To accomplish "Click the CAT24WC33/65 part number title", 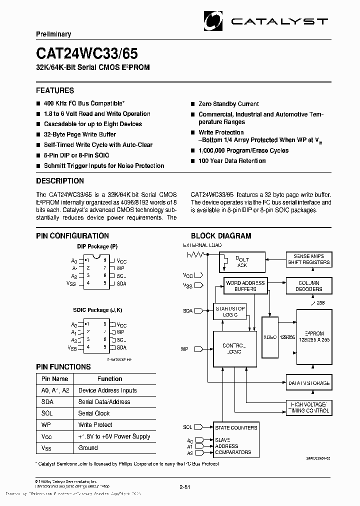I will [87, 53].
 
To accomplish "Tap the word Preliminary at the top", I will [53, 34].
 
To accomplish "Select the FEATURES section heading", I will [55, 90].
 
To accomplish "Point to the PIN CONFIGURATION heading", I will [72, 236].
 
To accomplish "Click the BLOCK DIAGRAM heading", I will [221, 236].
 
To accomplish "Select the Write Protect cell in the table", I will [95, 425].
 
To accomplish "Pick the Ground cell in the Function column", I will [88, 448].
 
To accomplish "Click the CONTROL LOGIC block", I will [231, 348].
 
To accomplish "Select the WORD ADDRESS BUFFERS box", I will [245, 286].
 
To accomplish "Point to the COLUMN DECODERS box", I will [308, 286].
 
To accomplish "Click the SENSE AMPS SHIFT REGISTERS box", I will [308, 259].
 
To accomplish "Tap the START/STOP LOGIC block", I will [230, 312].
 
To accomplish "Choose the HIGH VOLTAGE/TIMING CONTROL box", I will [308, 407].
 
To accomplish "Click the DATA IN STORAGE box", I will [308, 383].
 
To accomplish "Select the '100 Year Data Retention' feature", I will [231, 161].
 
